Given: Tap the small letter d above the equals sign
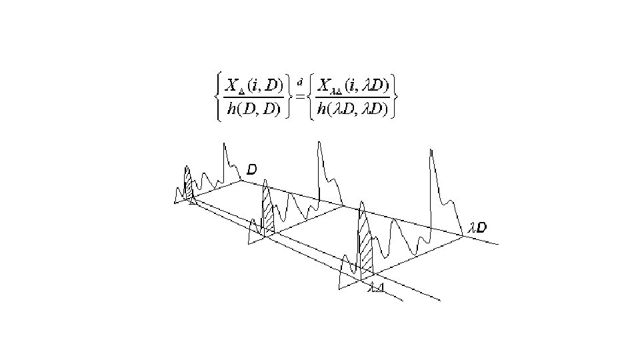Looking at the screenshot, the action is tap(301, 82).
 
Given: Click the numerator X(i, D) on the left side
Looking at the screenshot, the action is tap(254, 86).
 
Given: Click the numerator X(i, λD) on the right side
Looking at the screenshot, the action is tap(353, 86).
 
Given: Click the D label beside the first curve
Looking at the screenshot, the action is tap(252, 170).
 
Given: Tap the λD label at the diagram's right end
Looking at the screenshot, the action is tap(477, 228).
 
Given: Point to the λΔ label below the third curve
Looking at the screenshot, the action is tap(377, 288).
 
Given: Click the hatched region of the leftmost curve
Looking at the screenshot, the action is tap(189, 187).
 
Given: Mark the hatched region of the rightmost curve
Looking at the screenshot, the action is tap(366, 250).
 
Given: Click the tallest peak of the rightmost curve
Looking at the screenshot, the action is tap(432, 151).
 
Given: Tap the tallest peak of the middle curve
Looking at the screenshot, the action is tap(320, 142).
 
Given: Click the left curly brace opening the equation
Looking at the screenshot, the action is tap(217, 97).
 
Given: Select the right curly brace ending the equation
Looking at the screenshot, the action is tap(396, 97).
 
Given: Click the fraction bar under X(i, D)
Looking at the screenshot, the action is tap(254, 97).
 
